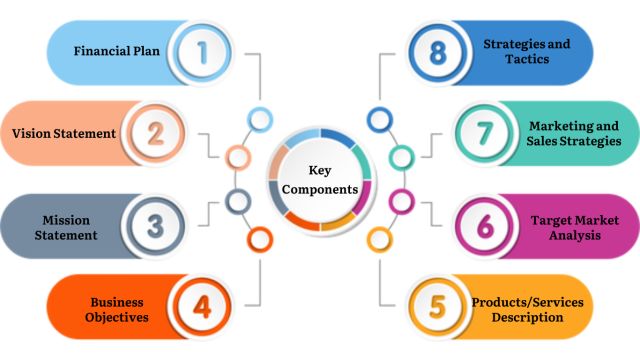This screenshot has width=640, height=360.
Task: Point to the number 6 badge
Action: [485, 226]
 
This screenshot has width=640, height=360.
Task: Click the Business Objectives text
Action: [119, 309]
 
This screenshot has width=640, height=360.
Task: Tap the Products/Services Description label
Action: [527, 309]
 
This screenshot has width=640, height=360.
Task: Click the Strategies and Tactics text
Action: [528, 52]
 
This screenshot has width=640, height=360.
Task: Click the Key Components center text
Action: [319, 179]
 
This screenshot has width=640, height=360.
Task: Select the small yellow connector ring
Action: [380, 239]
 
